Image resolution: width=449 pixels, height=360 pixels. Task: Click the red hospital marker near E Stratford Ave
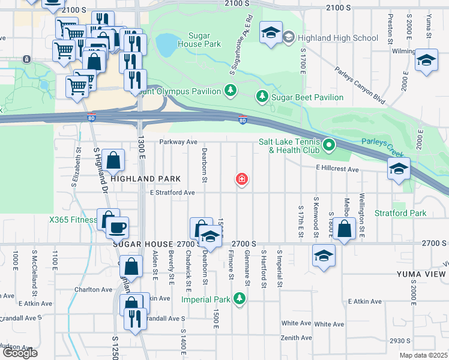242,179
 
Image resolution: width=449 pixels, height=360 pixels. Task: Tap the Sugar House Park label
196,40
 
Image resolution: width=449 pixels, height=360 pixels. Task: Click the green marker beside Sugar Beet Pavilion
262,97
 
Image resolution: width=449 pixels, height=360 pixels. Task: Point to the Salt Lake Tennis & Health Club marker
328,145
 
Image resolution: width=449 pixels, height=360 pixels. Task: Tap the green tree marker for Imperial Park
240,298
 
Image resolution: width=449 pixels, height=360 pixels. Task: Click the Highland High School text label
330,38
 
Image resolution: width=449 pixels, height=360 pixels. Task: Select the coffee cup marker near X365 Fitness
117,227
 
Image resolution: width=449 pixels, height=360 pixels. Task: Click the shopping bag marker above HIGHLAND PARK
113,160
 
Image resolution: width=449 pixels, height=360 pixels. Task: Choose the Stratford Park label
400,213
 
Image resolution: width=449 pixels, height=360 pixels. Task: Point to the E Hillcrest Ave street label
337,170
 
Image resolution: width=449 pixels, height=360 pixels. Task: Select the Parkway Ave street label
178,142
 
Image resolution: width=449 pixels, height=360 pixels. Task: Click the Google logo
20,353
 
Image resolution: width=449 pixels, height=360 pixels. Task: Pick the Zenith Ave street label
296,338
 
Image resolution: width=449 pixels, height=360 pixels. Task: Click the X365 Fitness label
73,220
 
